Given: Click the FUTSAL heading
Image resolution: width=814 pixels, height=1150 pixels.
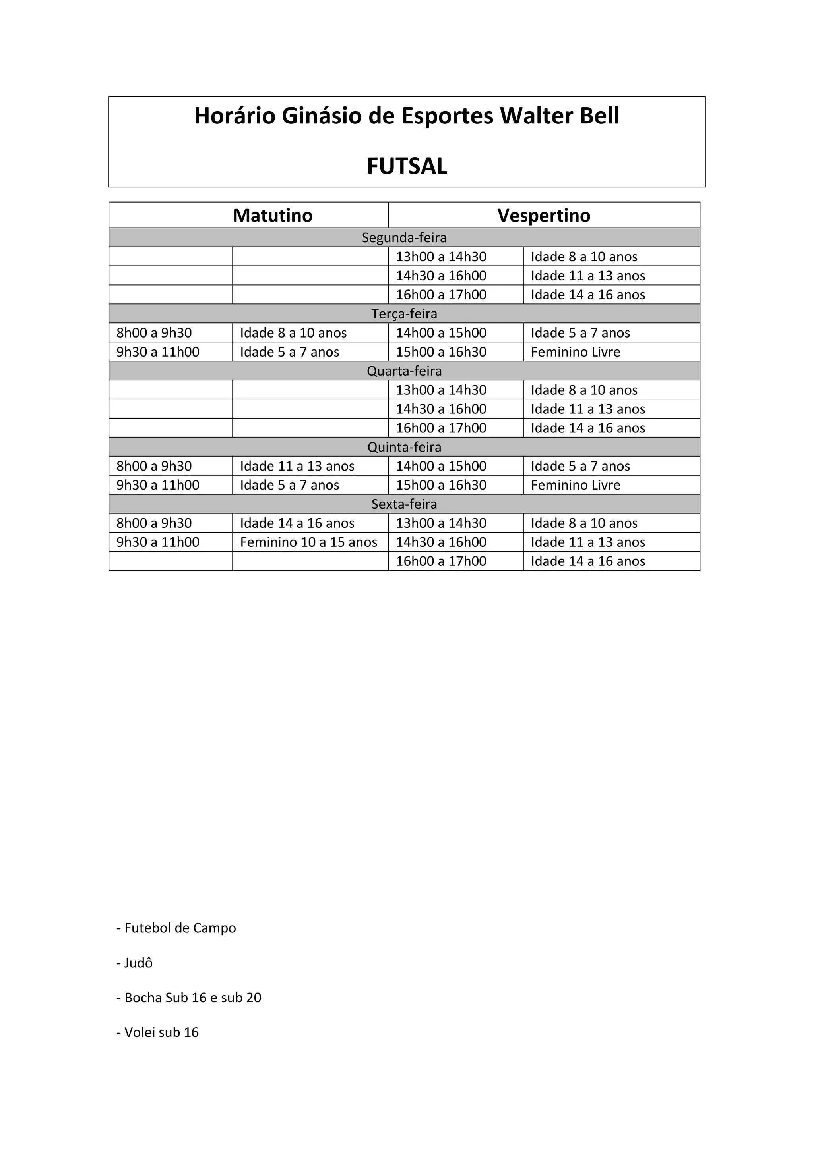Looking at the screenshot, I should [x=407, y=166].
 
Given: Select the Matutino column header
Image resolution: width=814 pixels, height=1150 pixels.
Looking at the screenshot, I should [x=273, y=215].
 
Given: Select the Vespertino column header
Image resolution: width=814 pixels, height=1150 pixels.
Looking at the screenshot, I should [x=544, y=215].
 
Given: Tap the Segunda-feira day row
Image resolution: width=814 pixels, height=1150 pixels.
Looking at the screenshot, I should [x=404, y=237].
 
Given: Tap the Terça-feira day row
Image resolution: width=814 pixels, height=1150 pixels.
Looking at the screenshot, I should [x=404, y=314].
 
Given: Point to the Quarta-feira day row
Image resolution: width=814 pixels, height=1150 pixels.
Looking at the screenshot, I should [x=404, y=370].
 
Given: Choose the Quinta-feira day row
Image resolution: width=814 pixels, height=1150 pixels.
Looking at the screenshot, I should [x=404, y=447].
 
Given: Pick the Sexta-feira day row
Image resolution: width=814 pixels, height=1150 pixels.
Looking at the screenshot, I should [x=404, y=504].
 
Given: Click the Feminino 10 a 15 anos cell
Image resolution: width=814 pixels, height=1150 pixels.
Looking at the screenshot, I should [x=308, y=542].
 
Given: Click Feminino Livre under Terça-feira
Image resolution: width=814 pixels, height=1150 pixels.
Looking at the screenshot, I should [x=576, y=351].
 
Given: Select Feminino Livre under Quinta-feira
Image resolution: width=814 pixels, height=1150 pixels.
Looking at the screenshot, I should [x=576, y=485].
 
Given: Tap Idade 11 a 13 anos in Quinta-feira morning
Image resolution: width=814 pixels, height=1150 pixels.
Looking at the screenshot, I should [x=297, y=466].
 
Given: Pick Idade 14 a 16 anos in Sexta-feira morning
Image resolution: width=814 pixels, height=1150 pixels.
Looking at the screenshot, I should [x=297, y=523].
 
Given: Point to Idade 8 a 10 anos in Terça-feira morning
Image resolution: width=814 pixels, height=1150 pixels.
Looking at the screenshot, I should [x=293, y=333].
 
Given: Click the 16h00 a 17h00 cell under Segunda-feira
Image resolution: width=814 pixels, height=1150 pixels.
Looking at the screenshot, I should [x=441, y=295].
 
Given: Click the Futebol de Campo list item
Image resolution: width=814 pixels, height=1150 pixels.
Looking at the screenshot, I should [x=176, y=928].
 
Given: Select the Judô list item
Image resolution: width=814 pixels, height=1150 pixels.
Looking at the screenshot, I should [x=135, y=963].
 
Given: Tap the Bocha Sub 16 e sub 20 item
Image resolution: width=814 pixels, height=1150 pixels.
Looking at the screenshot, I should [x=189, y=997].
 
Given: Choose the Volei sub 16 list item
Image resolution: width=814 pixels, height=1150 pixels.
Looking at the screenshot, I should [x=158, y=1032].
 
